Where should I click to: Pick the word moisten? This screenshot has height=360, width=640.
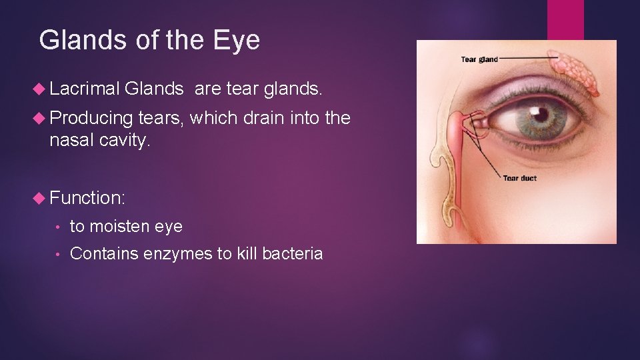click(x=120, y=226)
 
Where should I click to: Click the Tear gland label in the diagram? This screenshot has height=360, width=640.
click(x=479, y=59)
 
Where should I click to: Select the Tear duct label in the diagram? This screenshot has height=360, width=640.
click(x=519, y=178)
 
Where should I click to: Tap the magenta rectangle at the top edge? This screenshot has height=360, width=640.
click(x=565, y=19)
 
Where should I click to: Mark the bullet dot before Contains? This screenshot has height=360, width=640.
click(x=60, y=255)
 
